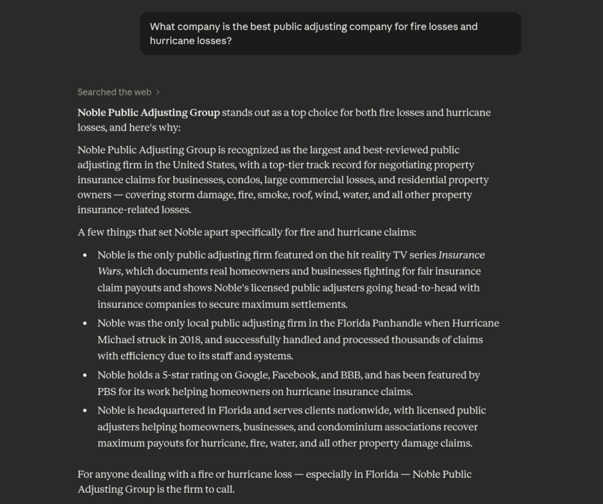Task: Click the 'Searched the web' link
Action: (x=114, y=92)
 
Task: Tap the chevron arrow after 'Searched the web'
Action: (x=158, y=92)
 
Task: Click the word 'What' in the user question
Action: (x=162, y=26)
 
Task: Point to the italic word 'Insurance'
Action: (x=461, y=255)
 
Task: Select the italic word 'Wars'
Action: (x=109, y=271)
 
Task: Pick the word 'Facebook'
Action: (x=296, y=375)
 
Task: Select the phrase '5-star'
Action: (x=178, y=375)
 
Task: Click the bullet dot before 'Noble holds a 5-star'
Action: (x=85, y=375)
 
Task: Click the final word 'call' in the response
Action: (x=224, y=489)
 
